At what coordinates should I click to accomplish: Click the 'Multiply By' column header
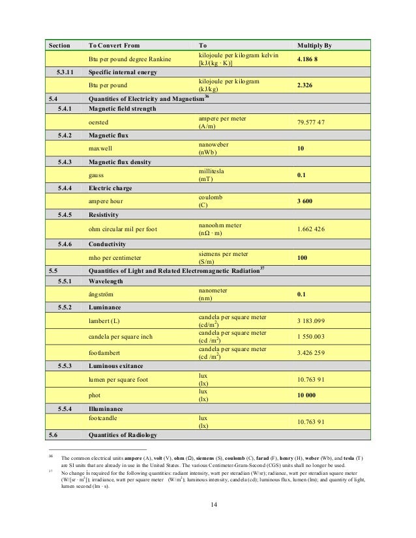pos(314,46)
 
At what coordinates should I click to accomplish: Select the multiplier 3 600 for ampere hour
pos(305,202)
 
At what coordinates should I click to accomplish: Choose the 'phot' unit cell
pos(95,395)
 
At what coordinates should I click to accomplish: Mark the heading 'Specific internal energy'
pos(125,72)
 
